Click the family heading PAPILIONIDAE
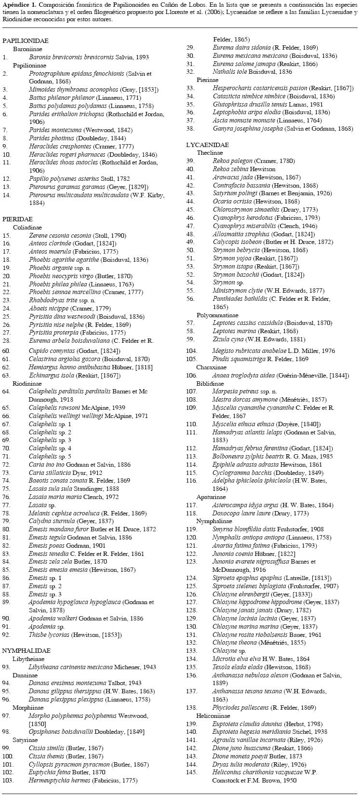[x=25, y=41]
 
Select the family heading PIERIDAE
[x=17, y=219]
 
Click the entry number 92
[x=6, y=634]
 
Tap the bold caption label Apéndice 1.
[x=18, y=4]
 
